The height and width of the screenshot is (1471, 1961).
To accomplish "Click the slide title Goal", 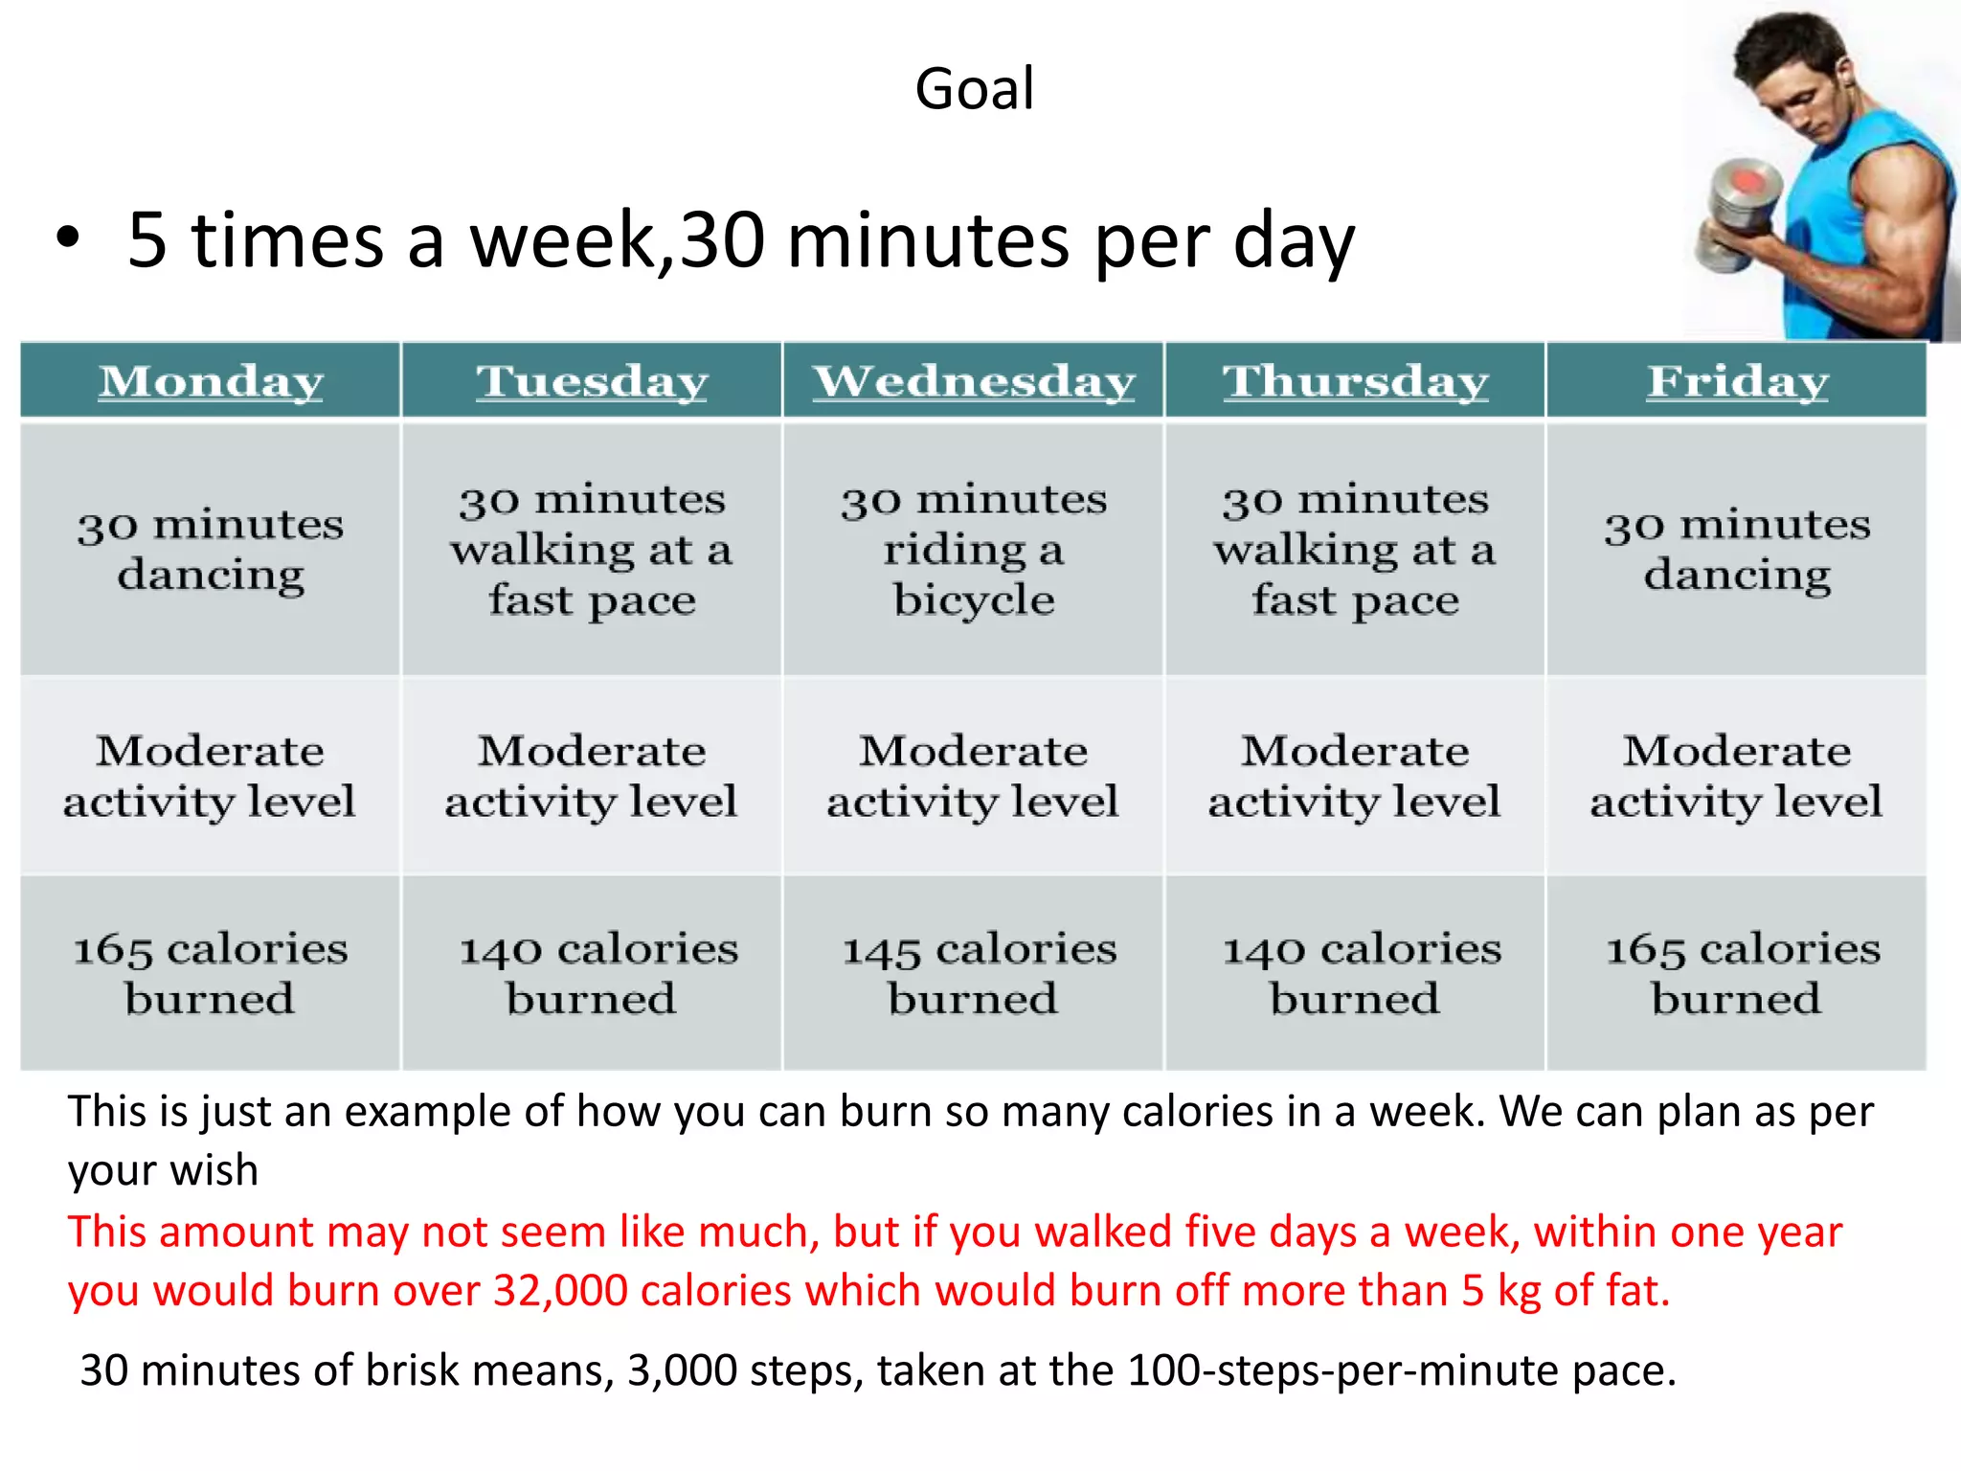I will pyautogui.click(x=974, y=89).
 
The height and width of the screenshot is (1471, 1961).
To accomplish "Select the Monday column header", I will pyautogui.click(x=211, y=381).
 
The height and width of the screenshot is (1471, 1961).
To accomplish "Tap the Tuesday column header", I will pyautogui.click(x=592, y=381).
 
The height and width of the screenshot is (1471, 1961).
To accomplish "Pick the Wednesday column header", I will pyautogui.click(x=974, y=381).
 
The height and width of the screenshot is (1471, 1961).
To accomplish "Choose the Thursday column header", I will pyautogui.click(x=1355, y=381).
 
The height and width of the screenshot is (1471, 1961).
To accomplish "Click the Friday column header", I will pyautogui.click(x=1737, y=381).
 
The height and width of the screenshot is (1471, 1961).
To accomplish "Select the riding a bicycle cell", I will pyautogui.click(x=974, y=550).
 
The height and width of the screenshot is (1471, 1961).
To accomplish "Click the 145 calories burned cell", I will pyautogui.click(x=978, y=973).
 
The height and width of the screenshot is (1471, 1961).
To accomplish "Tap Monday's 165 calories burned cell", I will pyautogui.click(x=211, y=973).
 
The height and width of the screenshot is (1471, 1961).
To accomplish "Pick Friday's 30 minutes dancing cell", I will pyautogui.click(x=1737, y=550).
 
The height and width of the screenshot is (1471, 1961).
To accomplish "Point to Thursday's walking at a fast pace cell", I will pyautogui.click(x=1355, y=550).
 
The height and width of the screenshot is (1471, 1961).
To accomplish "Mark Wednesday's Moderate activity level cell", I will pyautogui.click(x=973, y=776).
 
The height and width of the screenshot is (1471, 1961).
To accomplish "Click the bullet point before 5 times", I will pyautogui.click(x=67, y=239).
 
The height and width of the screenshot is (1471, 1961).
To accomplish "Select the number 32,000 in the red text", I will pyautogui.click(x=560, y=1291).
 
